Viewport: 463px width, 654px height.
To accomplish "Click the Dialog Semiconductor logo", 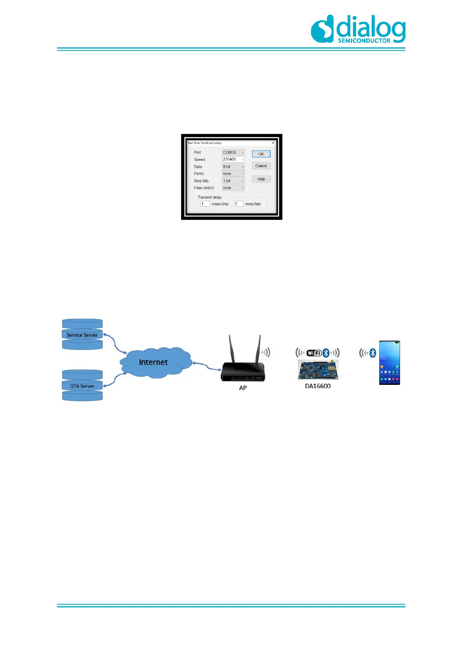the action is (x=358, y=29).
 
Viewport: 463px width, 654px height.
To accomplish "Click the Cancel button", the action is (x=261, y=166).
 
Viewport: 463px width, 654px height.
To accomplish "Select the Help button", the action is (x=261, y=179).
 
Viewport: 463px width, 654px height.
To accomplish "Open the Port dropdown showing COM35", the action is (x=233, y=153).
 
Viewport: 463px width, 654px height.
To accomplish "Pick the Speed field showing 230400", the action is (x=233, y=160).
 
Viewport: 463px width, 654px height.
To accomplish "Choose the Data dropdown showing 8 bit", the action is (x=233, y=167).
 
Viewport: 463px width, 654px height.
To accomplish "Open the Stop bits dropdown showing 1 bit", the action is (x=233, y=181).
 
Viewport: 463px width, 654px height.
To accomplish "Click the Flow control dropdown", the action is (x=233, y=188).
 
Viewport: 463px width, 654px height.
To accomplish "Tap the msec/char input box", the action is (x=205, y=204).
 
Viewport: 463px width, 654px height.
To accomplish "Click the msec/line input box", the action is (x=238, y=204).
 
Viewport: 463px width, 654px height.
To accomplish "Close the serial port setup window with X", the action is (x=273, y=143).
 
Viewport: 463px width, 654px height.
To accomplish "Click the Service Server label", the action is (x=82, y=335).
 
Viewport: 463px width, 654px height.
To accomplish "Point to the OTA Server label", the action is (x=82, y=386).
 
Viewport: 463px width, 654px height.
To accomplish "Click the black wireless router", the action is (x=243, y=365).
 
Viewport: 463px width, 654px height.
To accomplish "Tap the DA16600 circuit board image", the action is (x=318, y=369).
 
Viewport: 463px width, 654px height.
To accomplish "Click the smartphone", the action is (x=390, y=363).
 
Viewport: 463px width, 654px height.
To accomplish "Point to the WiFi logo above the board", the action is (x=314, y=353).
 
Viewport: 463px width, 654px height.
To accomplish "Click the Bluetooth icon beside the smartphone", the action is (x=373, y=353).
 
